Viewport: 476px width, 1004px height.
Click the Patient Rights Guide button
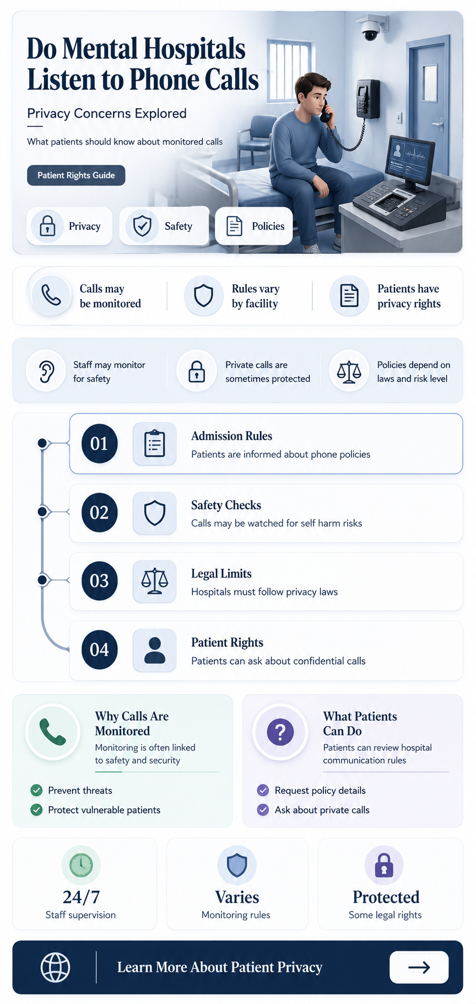[x=76, y=175]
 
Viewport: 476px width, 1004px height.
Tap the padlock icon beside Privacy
[x=47, y=226]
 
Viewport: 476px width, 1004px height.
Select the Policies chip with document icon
[x=254, y=226]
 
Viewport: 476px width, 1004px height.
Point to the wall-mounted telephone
[x=367, y=99]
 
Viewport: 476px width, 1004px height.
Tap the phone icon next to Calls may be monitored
[x=51, y=296]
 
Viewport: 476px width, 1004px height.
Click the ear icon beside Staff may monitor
[x=47, y=372]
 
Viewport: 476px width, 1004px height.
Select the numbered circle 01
[x=99, y=443]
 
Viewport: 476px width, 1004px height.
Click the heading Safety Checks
[x=226, y=505]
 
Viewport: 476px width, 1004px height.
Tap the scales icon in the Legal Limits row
[x=154, y=581]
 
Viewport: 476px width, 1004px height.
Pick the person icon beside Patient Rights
[x=155, y=650]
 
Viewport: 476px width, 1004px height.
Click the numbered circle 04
[x=99, y=649]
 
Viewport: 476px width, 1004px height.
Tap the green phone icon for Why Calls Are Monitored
[x=53, y=732]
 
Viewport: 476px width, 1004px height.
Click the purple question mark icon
[x=280, y=732]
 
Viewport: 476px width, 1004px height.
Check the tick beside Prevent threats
[x=36, y=791]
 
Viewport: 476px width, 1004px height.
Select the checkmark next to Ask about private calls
[x=263, y=810]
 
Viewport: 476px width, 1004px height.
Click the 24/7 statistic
[x=81, y=897]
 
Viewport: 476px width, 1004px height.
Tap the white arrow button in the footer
[x=419, y=967]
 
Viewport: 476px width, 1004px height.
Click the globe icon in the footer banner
[x=56, y=967]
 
